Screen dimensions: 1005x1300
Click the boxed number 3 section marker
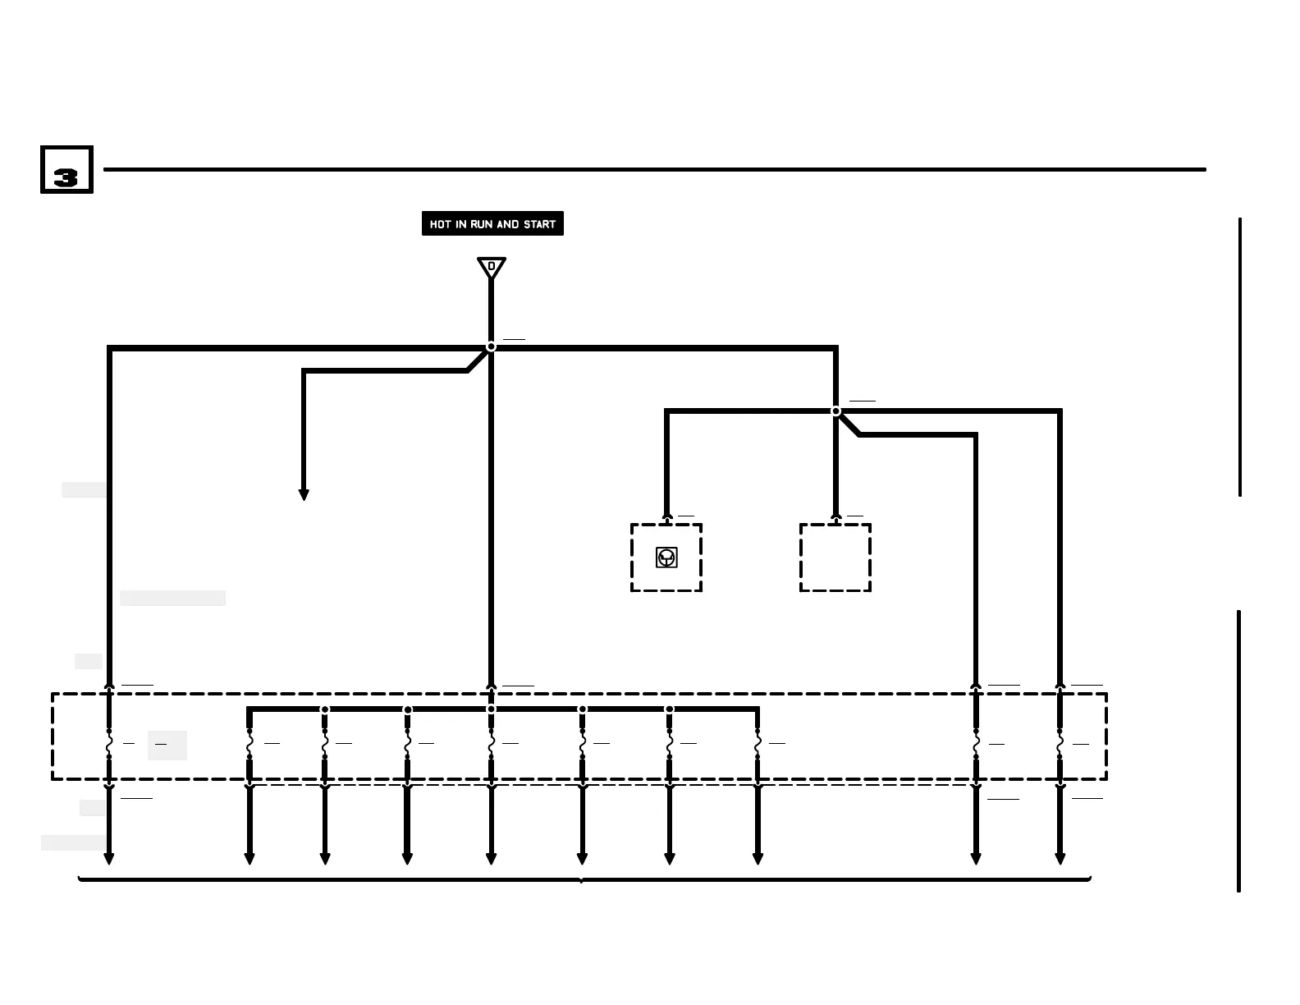[x=66, y=170]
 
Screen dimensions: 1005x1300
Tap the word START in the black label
[x=539, y=224]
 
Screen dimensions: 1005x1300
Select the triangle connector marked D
[x=491, y=267]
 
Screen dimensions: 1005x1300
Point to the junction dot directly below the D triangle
[x=491, y=346]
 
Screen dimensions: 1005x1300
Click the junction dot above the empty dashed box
[x=835, y=411]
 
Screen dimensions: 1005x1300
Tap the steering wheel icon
[x=666, y=558]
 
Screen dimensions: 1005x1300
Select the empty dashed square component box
[x=835, y=558]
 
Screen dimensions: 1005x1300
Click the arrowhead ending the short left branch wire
[x=304, y=495]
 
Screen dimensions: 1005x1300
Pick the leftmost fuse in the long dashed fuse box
[x=109, y=743]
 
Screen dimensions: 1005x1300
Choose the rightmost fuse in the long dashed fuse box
[x=1060, y=743]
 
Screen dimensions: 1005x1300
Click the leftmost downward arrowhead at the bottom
[x=109, y=859]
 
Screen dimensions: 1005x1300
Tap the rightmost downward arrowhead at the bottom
[x=1060, y=859]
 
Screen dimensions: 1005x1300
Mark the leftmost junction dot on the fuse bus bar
[x=325, y=709]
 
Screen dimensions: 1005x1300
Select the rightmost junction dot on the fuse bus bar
[x=670, y=709]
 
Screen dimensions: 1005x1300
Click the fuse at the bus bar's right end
[x=758, y=743]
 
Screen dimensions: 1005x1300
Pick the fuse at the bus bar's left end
[x=249, y=743]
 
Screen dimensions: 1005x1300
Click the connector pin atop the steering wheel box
[x=666, y=517]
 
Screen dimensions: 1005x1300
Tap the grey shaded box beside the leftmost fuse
[x=167, y=745]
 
